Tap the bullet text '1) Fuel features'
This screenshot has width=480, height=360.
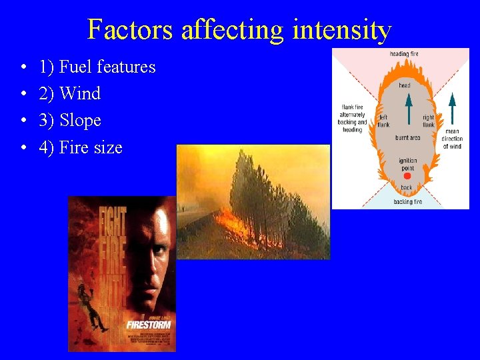pyautogui.click(x=97, y=67)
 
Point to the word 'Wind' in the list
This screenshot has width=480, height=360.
pyautogui.click(x=80, y=93)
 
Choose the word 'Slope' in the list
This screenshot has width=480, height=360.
pyautogui.click(x=80, y=121)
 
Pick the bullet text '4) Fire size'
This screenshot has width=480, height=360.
pyautogui.click(x=81, y=147)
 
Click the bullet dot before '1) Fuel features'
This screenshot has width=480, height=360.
pyautogui.click(x=23, y=67)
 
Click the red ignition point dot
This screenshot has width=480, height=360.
pyautogui.click(x=407, y=175)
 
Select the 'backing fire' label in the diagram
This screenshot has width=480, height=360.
pyautogui.click(x=407, y=201)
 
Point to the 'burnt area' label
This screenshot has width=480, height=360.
pyautogui.click(x=407, y=138)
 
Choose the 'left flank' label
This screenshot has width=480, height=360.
pyautogui.click(x=383, y=121)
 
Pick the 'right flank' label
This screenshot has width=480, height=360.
pyautogui.click(x=428, y=121)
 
